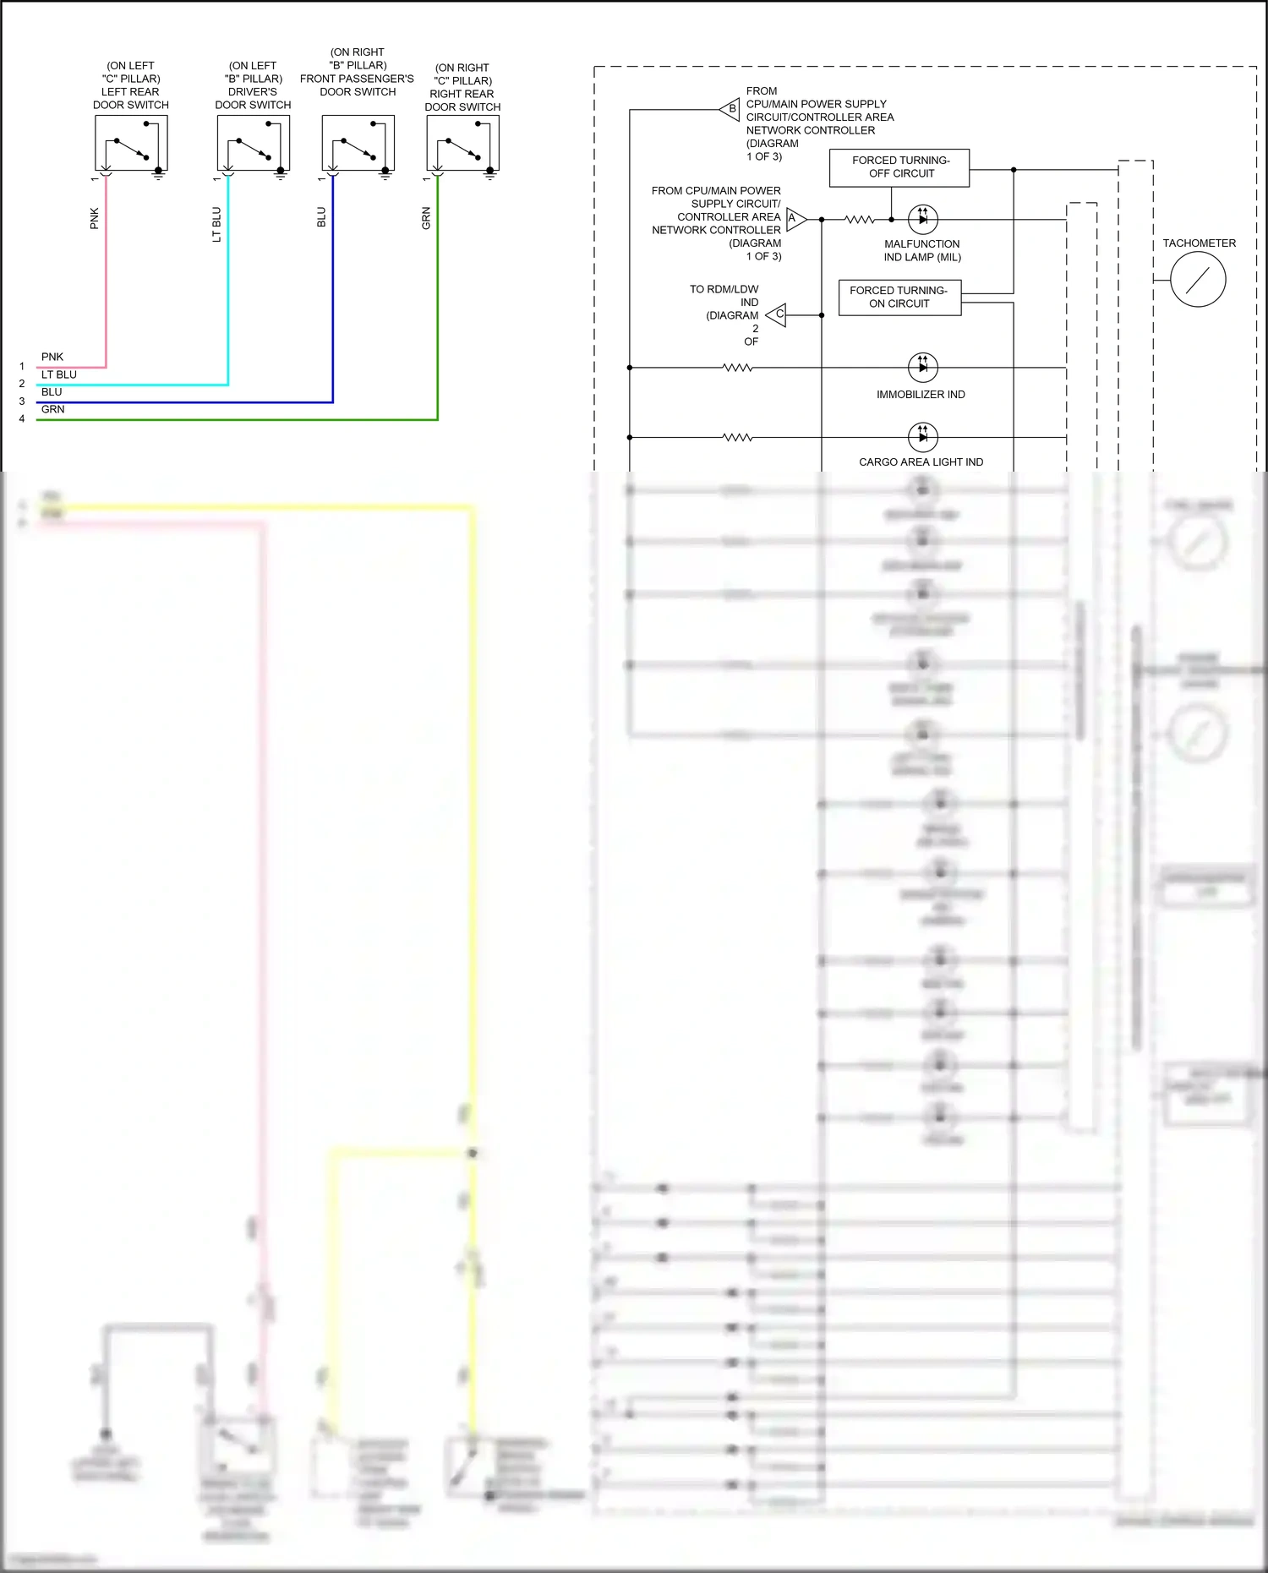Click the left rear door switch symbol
(131, 144)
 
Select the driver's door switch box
(253, 144)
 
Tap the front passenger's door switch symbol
(358, 144)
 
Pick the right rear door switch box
(462, 144)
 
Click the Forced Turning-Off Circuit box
(899, 167)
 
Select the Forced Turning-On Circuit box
(899, 297)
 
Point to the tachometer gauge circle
(1198, 280)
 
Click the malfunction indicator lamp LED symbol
(922, 219)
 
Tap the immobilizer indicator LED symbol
(922, 368)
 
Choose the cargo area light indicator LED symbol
(922, 437)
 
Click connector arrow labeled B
(730, 109)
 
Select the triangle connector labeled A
(795, 219)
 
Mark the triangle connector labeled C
(777, 314)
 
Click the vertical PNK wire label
(95, 218)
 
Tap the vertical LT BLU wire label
(216, 224)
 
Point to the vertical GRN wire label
(426, 218)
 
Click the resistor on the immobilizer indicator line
(737, 368)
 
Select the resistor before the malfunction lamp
(860, 219)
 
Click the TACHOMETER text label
(1199, 243)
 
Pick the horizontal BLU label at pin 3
(52, 392)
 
